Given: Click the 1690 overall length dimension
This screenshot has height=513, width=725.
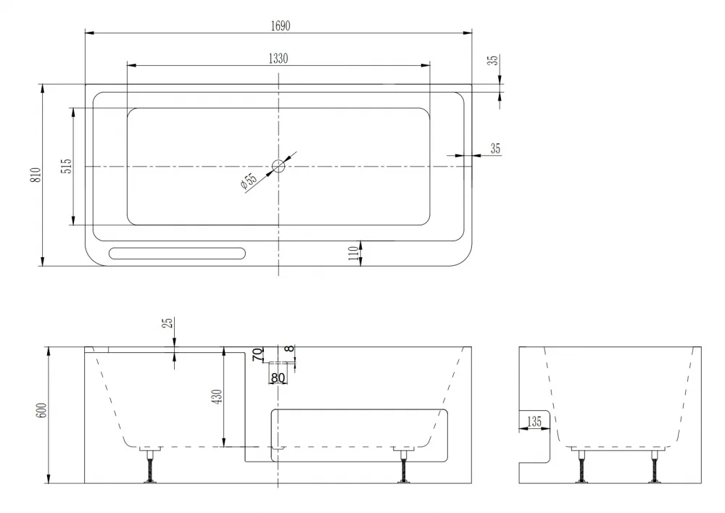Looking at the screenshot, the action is coord(281,26).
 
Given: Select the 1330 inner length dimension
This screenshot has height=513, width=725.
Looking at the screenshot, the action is coord(278,58).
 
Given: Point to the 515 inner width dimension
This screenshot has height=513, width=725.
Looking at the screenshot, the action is coord(67,166).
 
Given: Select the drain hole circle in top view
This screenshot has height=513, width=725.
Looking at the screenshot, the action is coord(278,165).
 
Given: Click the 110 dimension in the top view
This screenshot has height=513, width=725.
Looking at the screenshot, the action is coord(354,253).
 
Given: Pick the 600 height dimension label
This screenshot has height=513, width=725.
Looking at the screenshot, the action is coord(41,410).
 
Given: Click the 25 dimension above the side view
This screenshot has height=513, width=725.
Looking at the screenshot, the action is coord(168,322).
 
